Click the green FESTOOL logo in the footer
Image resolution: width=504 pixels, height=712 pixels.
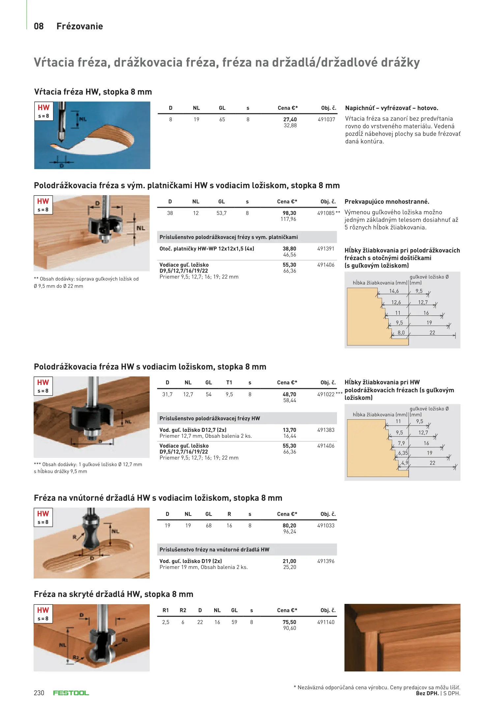point(71,693)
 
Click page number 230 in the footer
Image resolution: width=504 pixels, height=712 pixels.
point(39,693)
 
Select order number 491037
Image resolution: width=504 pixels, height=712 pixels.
point(326,120)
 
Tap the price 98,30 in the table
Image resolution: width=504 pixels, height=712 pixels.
point(289,213)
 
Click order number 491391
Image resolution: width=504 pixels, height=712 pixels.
point(326,249)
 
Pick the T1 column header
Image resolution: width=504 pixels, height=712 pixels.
point(229,383)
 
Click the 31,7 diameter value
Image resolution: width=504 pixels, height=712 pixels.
point(167,395)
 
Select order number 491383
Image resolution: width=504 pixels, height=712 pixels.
point(326,430)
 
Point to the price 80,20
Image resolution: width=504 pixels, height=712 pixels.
point(289,526)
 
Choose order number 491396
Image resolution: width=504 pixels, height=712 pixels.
point(326,561)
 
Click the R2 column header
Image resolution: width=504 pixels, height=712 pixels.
point(183,610)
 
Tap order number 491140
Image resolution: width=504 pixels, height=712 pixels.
point(326,622)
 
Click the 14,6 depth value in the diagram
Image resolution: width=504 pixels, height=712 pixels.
point(394,291)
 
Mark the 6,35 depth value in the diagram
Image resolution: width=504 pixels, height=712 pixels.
point(403,453)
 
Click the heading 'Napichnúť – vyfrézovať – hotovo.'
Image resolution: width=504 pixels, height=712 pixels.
point(392,108)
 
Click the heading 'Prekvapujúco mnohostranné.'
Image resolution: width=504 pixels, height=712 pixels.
point(387,202)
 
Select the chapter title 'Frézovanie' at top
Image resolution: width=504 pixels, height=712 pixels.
point(80,26)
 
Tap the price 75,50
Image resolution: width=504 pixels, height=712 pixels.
point(289,622)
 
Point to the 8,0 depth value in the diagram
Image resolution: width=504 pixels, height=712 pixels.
point(401,333)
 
